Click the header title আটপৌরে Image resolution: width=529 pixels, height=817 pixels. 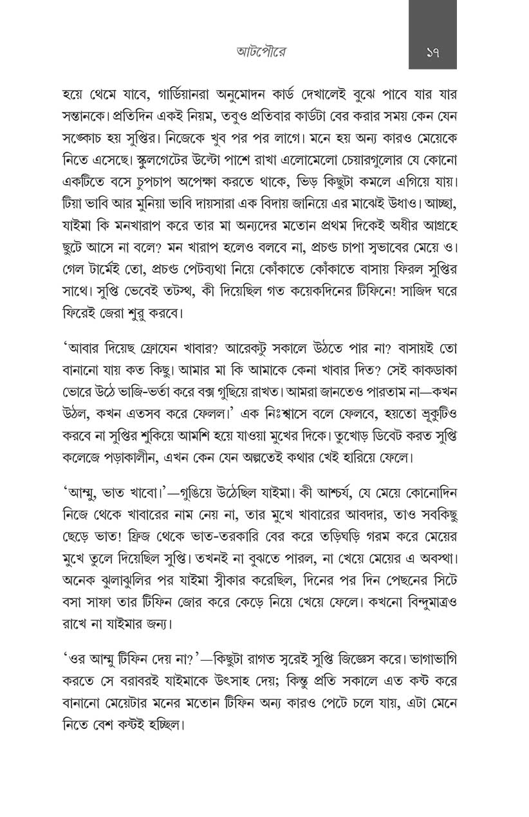pos(261,52)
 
